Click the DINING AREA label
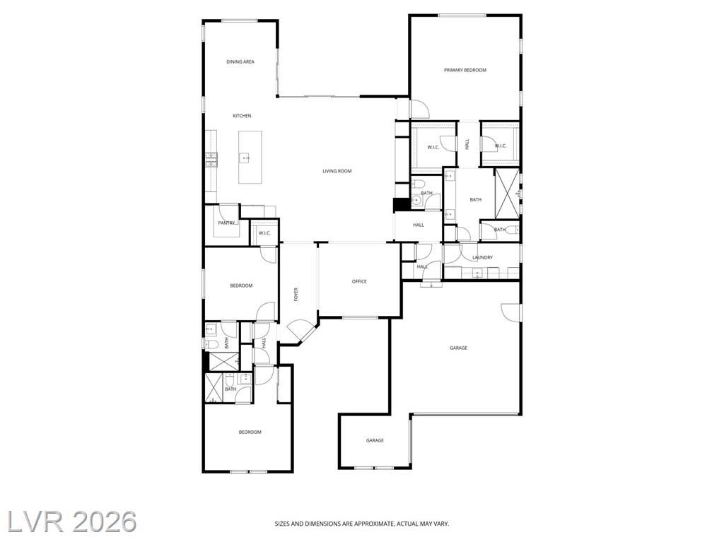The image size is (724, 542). point(240,62)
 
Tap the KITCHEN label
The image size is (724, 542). point(242,116)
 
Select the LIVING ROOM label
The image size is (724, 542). point(337,171)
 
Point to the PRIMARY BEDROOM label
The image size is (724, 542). point(465,70)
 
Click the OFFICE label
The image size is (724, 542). point(359,282)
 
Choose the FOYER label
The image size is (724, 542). point(296,295)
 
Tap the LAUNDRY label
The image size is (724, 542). point(482,258)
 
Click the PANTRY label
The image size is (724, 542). point(226,223)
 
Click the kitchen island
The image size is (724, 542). point(250,157)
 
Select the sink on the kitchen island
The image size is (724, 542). point(245,158)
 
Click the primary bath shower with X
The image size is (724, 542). point(506,194)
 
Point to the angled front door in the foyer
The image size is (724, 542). point(300,331)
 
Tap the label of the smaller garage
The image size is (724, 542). point(375,441)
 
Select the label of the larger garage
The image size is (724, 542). point(458,348)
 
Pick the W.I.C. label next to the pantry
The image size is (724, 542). point(264,233)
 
